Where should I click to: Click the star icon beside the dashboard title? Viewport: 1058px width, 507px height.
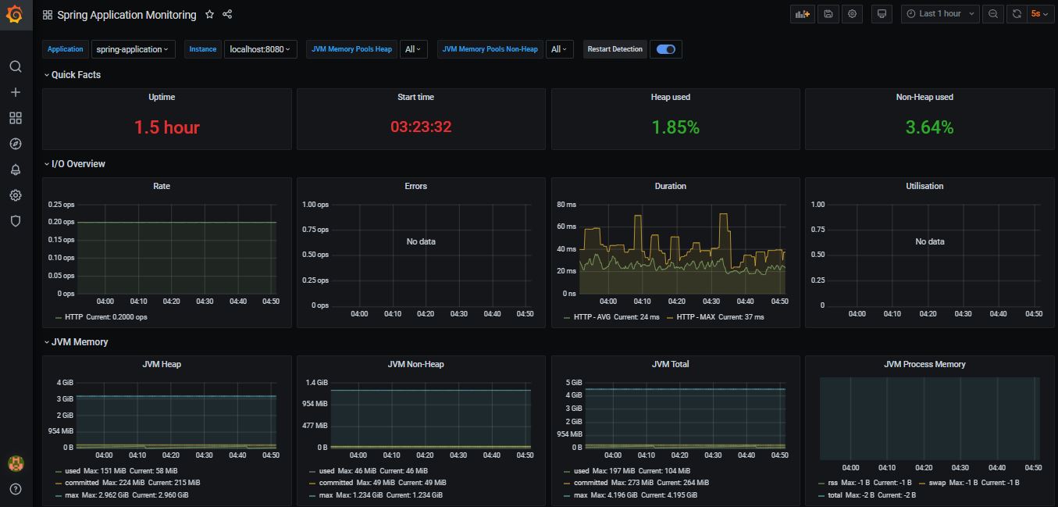(209, 15)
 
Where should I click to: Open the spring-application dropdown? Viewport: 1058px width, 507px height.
(133, 49)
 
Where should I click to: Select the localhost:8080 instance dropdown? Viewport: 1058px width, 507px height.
(260, 49)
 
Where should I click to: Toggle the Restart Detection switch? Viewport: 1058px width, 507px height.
(666, 49)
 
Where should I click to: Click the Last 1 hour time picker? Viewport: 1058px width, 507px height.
(940, 14)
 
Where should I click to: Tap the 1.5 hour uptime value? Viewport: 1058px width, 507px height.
(166, 127)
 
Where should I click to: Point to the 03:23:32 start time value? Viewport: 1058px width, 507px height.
(421, 127)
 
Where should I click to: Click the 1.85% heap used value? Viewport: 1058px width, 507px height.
(675, 127)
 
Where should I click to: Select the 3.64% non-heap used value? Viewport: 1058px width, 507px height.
(929, 127)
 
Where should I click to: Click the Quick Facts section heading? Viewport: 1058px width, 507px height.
(76, 75)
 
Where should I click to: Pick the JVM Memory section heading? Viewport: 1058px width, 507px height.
(80, 342)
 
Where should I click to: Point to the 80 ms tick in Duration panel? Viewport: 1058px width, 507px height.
(566, 205)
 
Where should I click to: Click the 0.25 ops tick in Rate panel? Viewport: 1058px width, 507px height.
(61, 205)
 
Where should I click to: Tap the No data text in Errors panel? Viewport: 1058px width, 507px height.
(421, 242)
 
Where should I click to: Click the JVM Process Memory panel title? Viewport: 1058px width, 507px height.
(924, 364)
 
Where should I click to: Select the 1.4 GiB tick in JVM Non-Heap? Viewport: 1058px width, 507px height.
(316, 383)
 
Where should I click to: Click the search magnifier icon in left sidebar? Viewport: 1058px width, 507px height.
(16, 66)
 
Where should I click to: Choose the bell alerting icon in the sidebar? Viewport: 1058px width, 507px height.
(16, 170)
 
